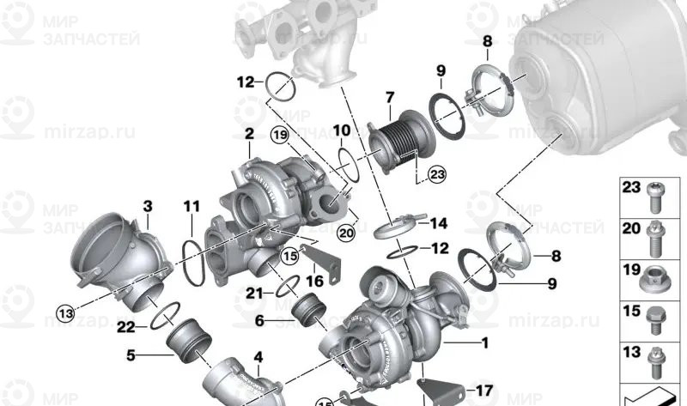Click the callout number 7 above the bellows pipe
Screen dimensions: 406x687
tap(389, 96)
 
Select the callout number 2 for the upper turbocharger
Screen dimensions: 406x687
tap(249, 134)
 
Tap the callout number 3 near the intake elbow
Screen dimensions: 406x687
tap(148, 206)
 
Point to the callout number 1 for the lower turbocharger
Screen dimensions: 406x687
tap(484, 345)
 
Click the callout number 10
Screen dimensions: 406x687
tap(341, 131)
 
